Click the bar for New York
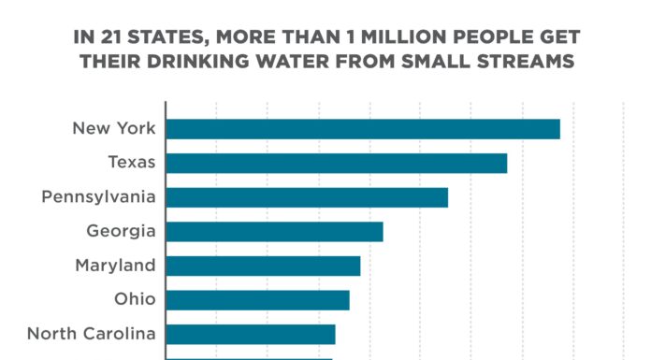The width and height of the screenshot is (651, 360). point(363,129)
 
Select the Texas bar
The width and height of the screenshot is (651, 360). point(337,163)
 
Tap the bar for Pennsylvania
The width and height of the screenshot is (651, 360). point(307,197)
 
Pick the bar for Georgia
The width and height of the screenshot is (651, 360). point(275,232)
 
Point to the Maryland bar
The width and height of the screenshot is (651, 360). point(263,266)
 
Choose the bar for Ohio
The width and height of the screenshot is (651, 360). point(258,300)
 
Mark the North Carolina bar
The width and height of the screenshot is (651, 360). point(251,334)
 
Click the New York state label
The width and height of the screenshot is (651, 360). point(113,128)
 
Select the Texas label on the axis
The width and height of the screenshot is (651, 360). point(131,163)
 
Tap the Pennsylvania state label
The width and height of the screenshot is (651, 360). point(98,197)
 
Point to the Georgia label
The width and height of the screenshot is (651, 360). point(121,231)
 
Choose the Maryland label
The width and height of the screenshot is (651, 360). point(115,266)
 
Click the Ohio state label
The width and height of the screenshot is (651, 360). point(136,300)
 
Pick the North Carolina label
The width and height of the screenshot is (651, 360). point(91,334)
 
